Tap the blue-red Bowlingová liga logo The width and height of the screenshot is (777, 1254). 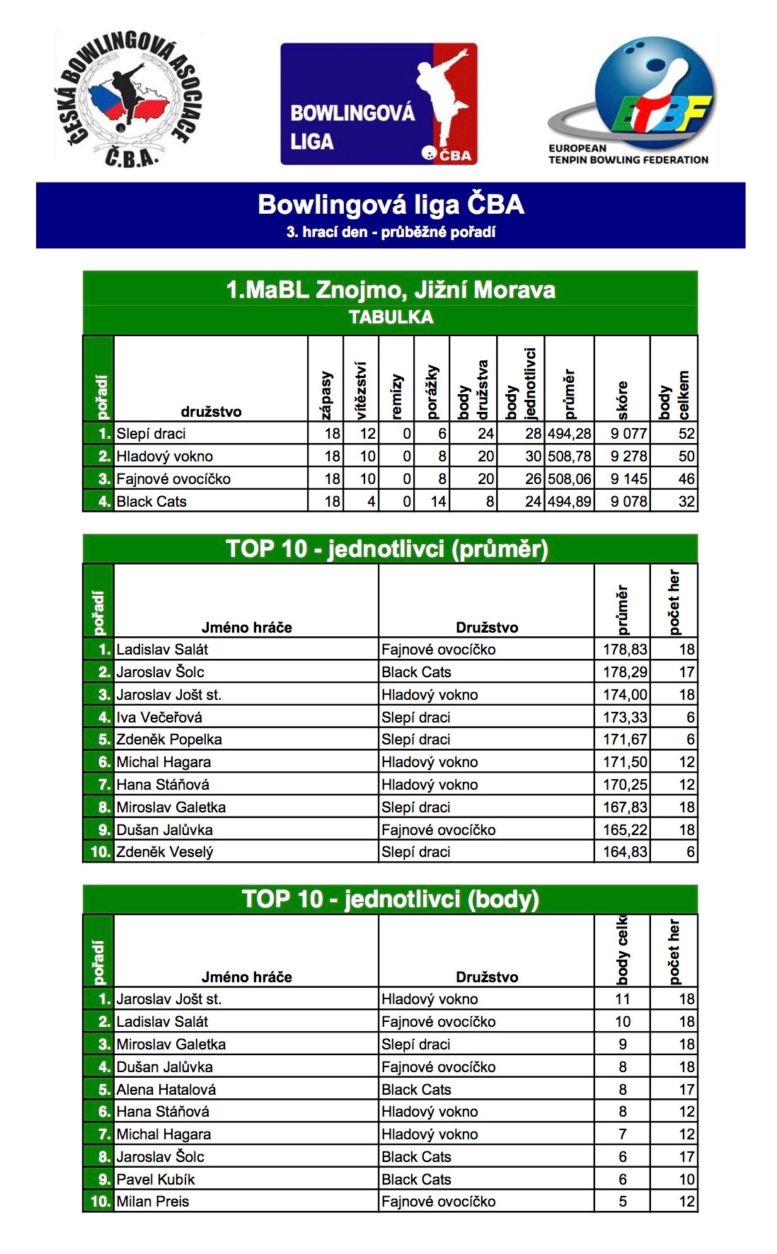click(x=379, y=104)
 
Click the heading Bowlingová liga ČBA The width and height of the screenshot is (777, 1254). click(x=391, y=205)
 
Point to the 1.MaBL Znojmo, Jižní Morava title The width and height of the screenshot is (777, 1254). click(x=391, y=289)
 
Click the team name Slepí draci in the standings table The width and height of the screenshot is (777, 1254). click(x=151, y=434)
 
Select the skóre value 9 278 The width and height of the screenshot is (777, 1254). click(x=628, y=456)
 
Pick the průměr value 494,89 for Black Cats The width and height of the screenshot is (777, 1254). click(x=569, y=502)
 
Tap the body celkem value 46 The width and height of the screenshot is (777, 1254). click(x=686, y=479)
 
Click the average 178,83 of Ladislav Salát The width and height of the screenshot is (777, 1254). click(x=624, y=650)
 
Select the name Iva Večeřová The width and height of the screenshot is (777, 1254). click(x=159, y=718)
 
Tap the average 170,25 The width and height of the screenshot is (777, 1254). click(x=624, y=785)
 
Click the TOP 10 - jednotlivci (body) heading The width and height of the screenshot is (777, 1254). click(x=391, y=899)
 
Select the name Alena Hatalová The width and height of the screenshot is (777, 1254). click(x=166, y=1090)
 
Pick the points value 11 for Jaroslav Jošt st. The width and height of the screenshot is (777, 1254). click(x=622, y=999)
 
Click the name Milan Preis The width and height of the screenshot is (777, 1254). click(x=153, y=1202)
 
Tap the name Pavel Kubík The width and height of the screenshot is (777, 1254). click(x=156, y=1180)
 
